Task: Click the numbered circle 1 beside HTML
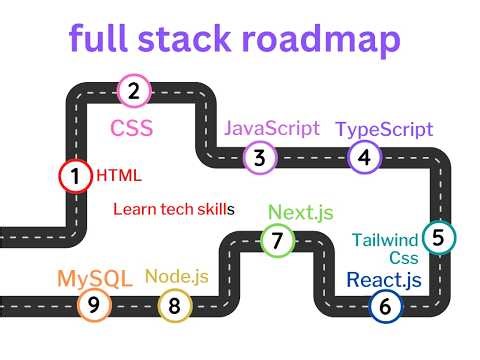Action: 75,176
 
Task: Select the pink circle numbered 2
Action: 134,91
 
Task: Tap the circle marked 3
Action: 260,157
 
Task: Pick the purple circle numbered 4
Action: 364,157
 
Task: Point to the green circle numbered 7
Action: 277,240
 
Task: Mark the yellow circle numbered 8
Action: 174,306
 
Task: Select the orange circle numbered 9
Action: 94,306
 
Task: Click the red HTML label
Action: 119,176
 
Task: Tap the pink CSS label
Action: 131,128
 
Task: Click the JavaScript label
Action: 271,128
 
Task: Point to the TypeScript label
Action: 384,129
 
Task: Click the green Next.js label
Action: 301,212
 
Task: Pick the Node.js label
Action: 177,276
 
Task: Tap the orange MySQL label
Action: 95,278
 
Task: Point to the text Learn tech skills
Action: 173,210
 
